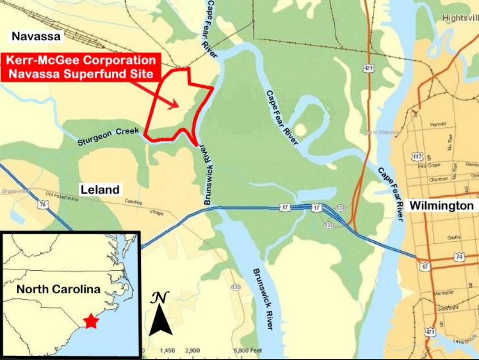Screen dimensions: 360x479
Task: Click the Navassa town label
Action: point(38,37)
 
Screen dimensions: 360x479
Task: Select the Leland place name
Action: point(100,189)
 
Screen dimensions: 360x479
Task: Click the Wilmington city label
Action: point(441,206)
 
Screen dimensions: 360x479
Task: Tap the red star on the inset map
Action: point(90,321)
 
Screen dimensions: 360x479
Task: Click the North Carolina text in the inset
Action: point(58,290)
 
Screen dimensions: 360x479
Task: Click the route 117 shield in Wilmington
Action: point(416,156)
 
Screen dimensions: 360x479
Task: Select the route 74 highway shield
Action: point(459,257)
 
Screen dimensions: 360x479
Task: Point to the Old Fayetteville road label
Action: point(61,195)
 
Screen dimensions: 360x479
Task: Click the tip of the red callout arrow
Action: point(179,107)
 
